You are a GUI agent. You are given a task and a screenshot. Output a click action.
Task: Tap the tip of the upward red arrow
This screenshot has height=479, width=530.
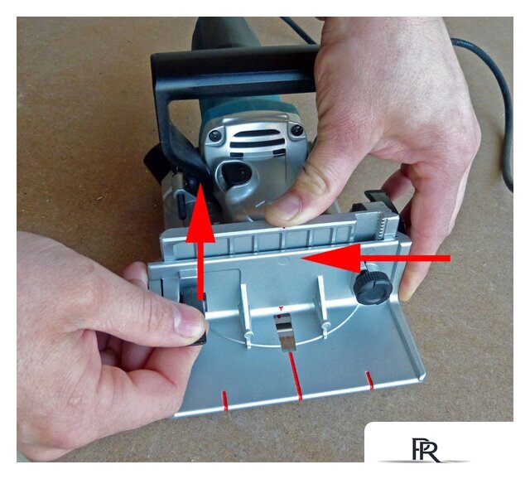[x=200, y=183]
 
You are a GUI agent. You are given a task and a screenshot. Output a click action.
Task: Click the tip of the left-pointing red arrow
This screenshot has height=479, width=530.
[x=301, y=259]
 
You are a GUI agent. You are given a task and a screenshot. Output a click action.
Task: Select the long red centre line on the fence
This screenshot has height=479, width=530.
[x=295, y=376]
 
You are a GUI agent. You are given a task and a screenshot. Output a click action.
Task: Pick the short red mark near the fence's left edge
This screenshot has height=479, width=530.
[x=225, y=400]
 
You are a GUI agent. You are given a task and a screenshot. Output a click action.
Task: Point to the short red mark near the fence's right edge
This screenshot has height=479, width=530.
[x=370, y=380]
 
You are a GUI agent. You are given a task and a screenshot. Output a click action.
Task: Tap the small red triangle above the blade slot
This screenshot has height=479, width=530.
[x=281, y=308]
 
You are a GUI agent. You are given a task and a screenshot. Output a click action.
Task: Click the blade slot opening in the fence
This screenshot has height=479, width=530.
[x=285, y=331]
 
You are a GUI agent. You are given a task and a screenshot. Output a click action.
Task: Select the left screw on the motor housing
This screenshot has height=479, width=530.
[x=214, y=136]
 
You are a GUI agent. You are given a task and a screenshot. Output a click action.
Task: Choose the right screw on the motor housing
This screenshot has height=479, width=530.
[x=296, y=130]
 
